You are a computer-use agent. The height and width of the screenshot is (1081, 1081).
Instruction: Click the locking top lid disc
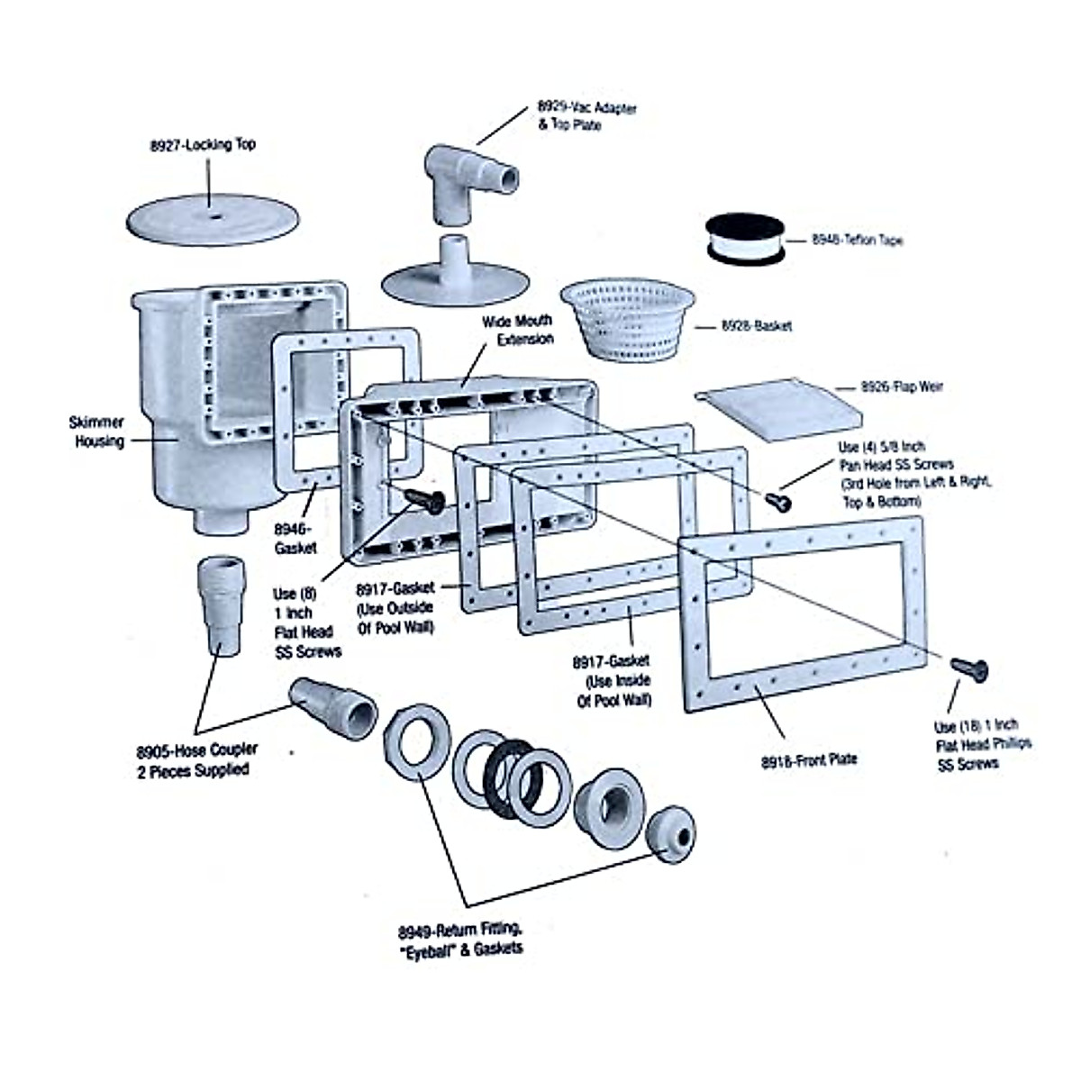[212, 220]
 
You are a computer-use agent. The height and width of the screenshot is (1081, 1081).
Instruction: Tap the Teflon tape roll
[745, 239]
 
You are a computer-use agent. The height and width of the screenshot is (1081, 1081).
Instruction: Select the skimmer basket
[628, 319]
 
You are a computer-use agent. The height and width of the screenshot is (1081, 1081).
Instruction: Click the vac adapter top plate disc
[455, 273]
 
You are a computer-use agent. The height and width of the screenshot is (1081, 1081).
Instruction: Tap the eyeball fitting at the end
[670, 835]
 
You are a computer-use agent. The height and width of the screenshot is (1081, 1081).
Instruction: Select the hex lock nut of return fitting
[417, 741]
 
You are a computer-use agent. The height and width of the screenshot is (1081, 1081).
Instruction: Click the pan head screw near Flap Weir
[778, 501]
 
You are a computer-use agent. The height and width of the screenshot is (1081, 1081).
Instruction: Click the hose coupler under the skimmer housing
[223, 606]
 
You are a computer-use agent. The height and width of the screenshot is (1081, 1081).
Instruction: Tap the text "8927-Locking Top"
[203, 145]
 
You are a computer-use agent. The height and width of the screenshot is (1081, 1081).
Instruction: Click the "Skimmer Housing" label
[98, 431]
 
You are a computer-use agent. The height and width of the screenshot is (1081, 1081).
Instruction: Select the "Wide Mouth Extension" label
[518, 330]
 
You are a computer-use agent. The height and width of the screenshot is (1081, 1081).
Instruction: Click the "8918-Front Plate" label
[809, 760]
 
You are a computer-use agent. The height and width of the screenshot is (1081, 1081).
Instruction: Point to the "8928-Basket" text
[757, 325]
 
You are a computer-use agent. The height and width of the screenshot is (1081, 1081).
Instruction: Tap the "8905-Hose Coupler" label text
[197, 750]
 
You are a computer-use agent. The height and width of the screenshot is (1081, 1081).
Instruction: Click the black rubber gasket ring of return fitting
[509, 778]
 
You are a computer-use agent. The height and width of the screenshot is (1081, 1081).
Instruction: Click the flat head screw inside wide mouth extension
[424, 501]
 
